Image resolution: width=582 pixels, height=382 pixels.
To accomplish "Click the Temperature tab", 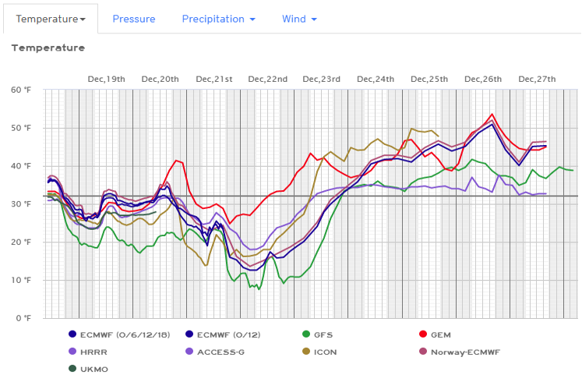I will pos(51,18).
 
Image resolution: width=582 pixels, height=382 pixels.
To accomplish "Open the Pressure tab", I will pos(133,19).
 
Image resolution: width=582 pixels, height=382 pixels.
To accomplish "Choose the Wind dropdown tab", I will pos(299,19).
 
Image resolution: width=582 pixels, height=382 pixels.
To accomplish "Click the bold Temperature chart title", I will pos(48,48).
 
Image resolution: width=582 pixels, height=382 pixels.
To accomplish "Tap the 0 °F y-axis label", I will pos(23,318).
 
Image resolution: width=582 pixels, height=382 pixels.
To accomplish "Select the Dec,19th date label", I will pos(106,79).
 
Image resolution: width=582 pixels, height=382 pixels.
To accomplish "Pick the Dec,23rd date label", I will pos(322,79).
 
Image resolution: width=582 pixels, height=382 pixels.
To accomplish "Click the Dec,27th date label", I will pos(537,79).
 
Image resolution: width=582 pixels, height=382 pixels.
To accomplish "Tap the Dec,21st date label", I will pos(214,79).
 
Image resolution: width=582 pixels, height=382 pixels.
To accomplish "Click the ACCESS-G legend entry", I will pos(220,352).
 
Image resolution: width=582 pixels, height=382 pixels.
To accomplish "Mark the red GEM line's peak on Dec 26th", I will pos(492,114).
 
